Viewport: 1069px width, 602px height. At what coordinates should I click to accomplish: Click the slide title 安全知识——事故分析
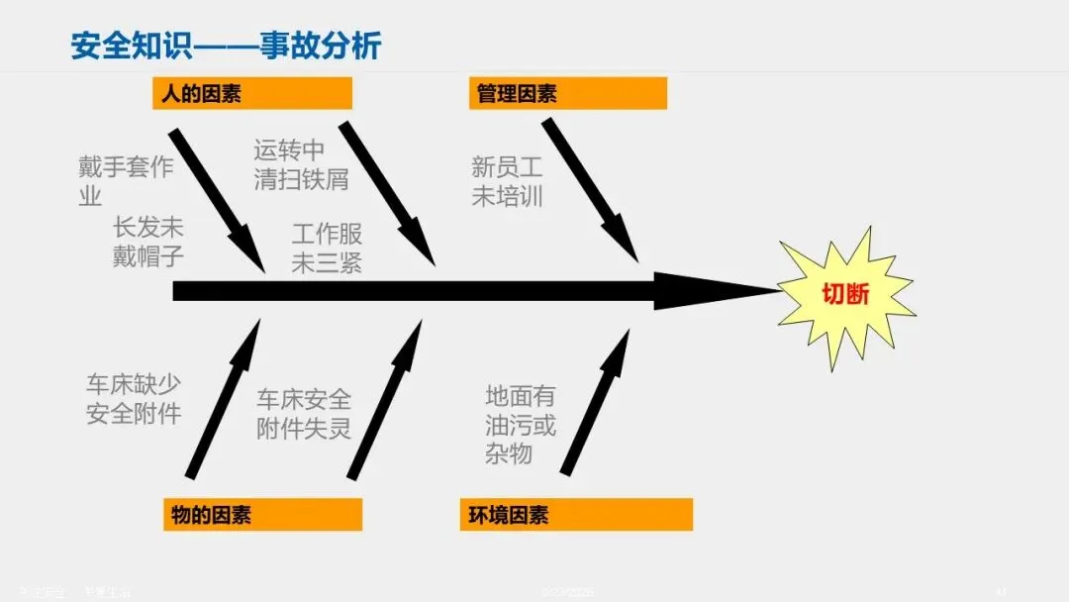[x=226, y=46]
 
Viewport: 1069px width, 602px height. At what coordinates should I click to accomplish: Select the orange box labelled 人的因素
[x=252, y=94]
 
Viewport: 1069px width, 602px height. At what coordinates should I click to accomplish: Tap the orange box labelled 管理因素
[x=567, y=94]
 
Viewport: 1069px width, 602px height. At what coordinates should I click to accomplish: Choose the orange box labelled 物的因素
[x=262, y=515]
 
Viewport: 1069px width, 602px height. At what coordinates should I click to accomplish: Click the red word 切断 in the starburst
[x=845, y=293]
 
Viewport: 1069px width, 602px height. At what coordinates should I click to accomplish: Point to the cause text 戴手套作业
[x=125, y=181]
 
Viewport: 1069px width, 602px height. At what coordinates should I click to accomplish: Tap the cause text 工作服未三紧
[x=327, y=249]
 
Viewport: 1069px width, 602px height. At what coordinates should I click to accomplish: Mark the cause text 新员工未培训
[x=507, y=181]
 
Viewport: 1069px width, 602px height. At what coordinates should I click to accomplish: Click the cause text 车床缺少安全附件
[x=134, y=399]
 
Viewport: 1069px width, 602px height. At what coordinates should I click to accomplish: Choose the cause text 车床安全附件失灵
[x=304, y=414]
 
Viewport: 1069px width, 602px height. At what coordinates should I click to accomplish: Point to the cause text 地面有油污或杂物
[x=521, y=425]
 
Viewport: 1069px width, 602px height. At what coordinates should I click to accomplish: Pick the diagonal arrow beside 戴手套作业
[x=217, y=199]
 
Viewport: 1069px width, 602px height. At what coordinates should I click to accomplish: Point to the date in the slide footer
[x=568, y=592]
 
